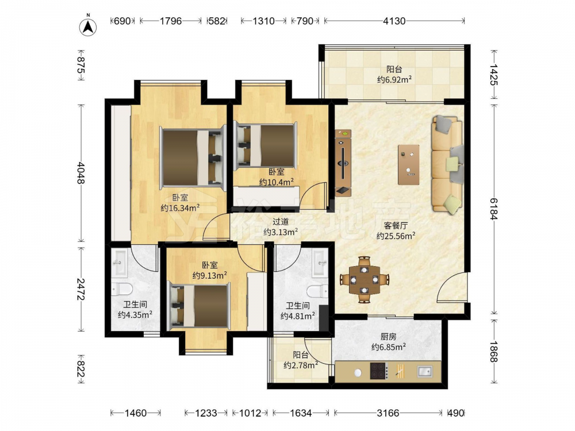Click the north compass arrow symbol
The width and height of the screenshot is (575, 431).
point(88,26)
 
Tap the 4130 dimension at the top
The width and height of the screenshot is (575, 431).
point(394,21)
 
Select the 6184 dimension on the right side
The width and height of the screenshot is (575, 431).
point(494,209)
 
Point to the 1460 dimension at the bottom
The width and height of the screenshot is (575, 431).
point(136,413)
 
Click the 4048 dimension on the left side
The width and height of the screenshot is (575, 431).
point(81,173)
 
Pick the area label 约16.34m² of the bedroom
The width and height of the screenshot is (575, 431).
point(180,208)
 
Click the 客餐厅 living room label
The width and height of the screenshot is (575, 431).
point(396,225)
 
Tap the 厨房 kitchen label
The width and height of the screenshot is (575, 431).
point(388,336)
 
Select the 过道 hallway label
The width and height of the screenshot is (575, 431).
point(281,222)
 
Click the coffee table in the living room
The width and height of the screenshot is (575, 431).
point(408,164)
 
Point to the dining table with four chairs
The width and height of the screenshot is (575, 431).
point(364,280)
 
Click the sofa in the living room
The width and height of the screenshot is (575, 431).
point(447,164)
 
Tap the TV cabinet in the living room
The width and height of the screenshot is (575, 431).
point(343,163)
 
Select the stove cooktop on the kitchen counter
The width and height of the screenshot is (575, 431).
point(379,371)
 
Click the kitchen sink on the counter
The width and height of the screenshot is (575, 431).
point(425,371)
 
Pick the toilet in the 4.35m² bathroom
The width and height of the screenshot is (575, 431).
point(122,290)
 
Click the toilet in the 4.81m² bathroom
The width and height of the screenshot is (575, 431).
point(318,292)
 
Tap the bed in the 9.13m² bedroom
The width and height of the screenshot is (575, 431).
point(198,306)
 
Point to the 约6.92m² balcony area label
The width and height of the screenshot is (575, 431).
point(394,79)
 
